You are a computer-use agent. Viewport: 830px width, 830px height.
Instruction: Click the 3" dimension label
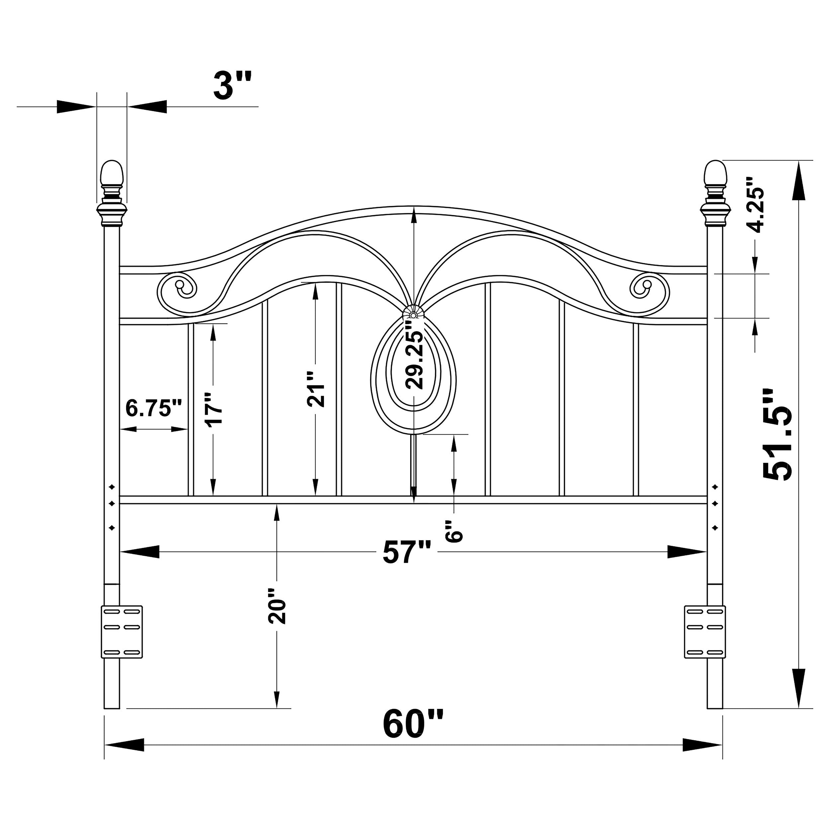(x=232, y=86)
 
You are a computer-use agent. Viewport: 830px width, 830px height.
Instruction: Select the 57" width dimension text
(x=406, y=552)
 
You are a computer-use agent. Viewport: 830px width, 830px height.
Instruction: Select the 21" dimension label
(x=316, y=389)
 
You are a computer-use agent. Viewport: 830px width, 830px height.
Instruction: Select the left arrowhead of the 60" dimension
(x=124, y=757)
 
